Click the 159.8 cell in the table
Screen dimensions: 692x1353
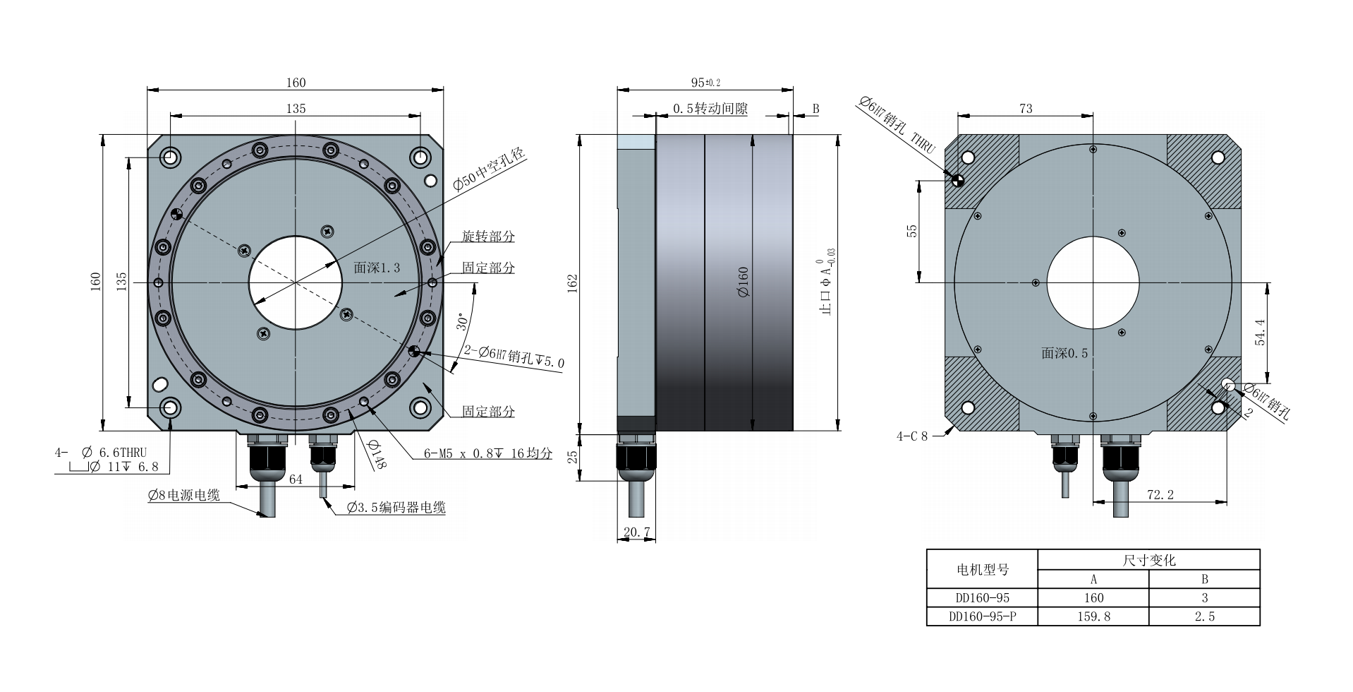tap(1093, 616)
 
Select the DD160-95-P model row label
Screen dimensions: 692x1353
tap(982, 616)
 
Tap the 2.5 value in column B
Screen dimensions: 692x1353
tap(1204, 616)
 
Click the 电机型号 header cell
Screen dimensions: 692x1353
tap(982, 569)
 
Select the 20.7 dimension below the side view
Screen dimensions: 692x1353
tap(637, 532)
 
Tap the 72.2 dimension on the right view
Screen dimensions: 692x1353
tap(1160, 494)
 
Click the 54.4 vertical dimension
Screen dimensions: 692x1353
tap(1260, 332)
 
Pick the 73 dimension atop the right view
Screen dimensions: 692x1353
tap(1026, 109)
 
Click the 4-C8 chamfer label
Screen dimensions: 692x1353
tap(912, 436)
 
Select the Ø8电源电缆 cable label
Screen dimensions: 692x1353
tap(184, 494)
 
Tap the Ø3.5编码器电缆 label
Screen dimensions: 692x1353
tap(396, 508)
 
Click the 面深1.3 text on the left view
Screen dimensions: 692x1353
tap(377, 268)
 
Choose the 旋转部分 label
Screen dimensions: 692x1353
tap(488, 236)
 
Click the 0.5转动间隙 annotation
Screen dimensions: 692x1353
tap(710, 109)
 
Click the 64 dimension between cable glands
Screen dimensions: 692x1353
tap(296, 479)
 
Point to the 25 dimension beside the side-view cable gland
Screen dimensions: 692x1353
tap(573, 457)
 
